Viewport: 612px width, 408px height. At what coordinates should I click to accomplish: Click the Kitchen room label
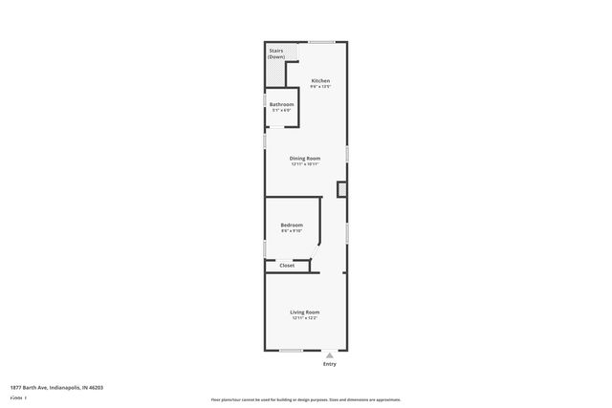pos(320,81)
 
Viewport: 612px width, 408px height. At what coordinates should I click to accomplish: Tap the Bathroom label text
pos(281,104)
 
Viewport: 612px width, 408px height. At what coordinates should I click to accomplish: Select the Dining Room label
pos(305,158)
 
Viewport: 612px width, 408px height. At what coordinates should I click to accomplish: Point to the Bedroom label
pos(292,225)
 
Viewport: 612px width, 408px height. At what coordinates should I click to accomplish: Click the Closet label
pos(287,266)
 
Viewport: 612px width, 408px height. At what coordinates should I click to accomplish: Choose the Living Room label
pos(305,312)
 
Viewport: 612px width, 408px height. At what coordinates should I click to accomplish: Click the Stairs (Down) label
pos(276,54)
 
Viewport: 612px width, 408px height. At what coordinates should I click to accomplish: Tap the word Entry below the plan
pos(330,363)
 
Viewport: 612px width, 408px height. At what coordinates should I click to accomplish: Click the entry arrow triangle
pos(330,354)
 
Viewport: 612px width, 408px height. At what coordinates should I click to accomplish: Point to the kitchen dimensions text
pos(320,87)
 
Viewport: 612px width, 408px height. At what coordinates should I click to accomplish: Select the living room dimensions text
pos(305,318)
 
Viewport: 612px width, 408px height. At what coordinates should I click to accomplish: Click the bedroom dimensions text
pos(292,231)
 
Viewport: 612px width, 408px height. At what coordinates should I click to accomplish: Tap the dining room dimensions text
pos(305,163)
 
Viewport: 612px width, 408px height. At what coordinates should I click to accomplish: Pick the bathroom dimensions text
pos(281,110)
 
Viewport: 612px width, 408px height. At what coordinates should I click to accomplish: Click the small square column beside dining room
pos(342,190)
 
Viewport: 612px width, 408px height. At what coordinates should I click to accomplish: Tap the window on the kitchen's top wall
pos(321,41)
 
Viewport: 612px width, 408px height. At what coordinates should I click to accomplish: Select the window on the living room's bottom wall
pos(291,349)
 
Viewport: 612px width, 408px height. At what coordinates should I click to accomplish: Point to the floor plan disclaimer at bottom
pos(305,398)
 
